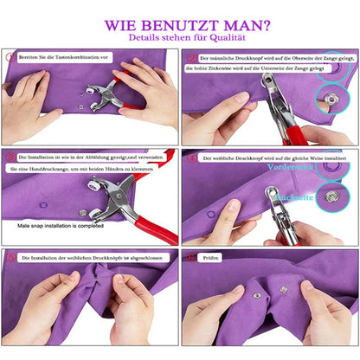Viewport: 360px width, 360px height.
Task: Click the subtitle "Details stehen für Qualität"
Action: pos(179,38)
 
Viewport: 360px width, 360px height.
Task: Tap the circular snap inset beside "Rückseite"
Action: pos(332,198)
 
